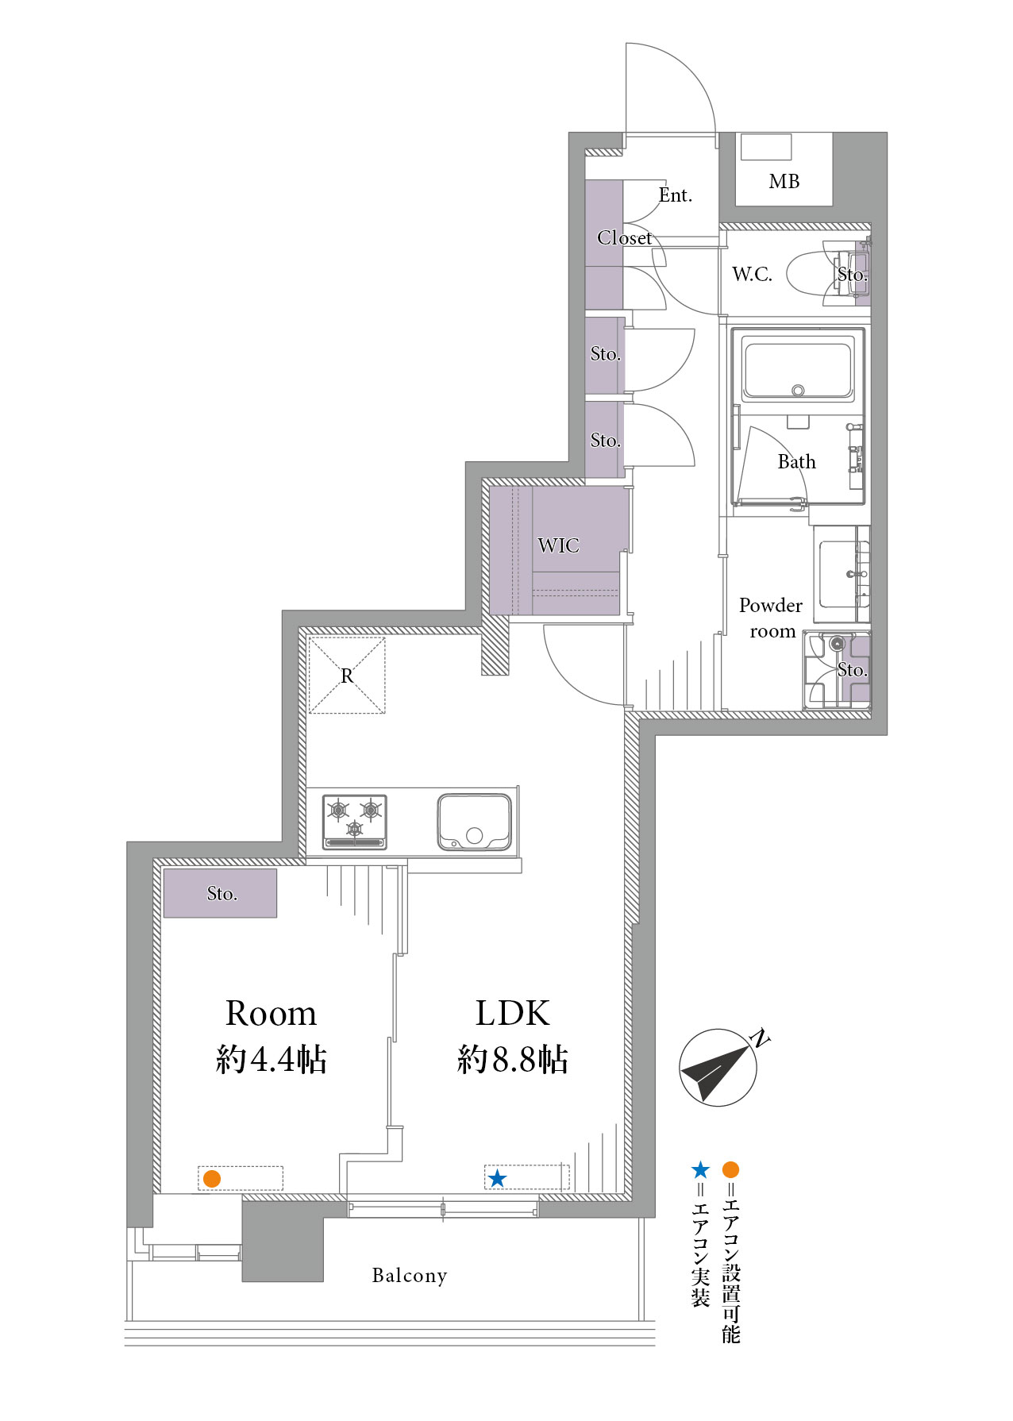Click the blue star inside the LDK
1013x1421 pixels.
[x=497, y=1178]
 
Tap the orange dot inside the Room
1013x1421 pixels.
[x=211, y=1179]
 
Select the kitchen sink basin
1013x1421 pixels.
[x=474, y=822]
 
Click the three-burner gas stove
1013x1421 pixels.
[x=355, y=822]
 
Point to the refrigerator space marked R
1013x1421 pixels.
[x=347, y=676]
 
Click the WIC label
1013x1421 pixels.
[x=558, y=545]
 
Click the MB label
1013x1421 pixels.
[x=784, y=182]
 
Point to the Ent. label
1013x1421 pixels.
[x=676, y=195]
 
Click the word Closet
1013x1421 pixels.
[x=624, y=237]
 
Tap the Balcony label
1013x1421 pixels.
[x=410, y=1276]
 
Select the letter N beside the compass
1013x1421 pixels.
[x=760, y=1038]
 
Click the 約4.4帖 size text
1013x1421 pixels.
[x=272, y=1059]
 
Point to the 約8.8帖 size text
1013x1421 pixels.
[x=513, y=1059]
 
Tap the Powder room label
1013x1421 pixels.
[x=771, y=618]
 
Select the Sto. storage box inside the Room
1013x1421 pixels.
[x=221, y=893]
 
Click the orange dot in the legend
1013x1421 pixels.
[x=731, y=1169]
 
